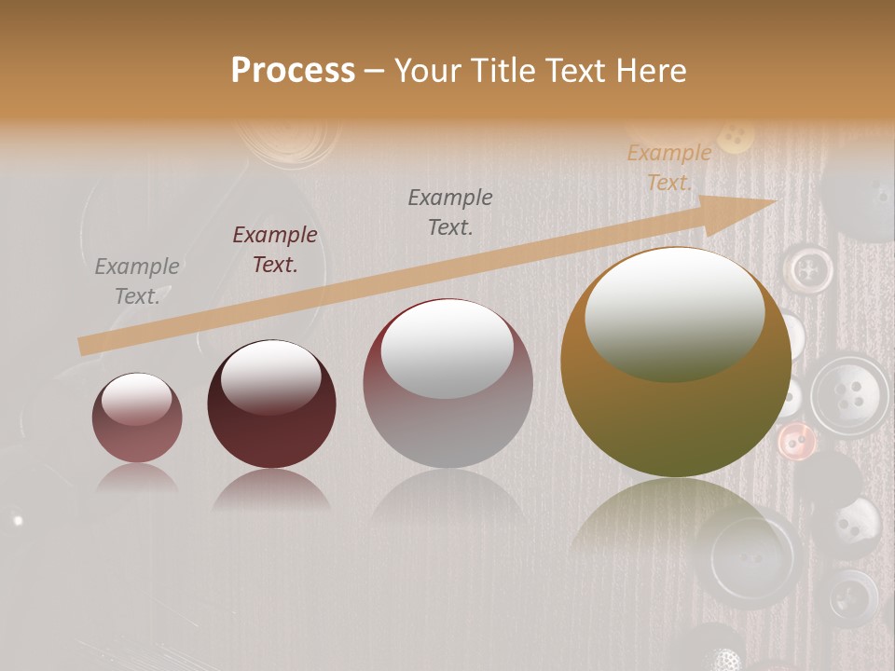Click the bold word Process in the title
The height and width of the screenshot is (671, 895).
[293, 70]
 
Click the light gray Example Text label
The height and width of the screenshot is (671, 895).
[137, 281]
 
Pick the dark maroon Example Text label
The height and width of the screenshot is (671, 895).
[275, 250]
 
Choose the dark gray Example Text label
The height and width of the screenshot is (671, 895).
[450, 212]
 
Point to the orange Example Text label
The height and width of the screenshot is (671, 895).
[668, 168]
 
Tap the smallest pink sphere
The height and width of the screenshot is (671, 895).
[137, 419]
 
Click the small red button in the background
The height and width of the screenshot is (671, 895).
[796, 440]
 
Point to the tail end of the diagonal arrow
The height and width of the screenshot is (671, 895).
[86, 346]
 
